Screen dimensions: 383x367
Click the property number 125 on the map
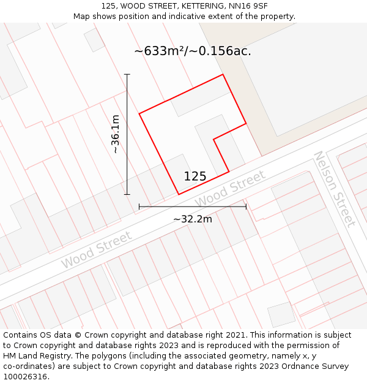[195, 176]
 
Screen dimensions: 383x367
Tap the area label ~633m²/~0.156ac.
[193, 51]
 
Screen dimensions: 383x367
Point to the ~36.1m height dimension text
[115, 134]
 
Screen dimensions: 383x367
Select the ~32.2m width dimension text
[193, 219]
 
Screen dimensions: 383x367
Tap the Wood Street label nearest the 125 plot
[230, 189]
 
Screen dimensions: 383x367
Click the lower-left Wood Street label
[96, 250]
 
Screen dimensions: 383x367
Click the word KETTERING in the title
[196, 6]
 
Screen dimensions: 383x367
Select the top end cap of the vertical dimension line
[127, 75]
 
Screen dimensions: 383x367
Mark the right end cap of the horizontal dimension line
[246, 207]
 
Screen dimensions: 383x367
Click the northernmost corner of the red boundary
[223, 75]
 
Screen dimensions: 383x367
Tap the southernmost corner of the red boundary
[179, 195]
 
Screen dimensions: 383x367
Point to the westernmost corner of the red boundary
[139, 113]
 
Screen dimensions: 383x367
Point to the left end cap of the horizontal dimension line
[139, 207]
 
